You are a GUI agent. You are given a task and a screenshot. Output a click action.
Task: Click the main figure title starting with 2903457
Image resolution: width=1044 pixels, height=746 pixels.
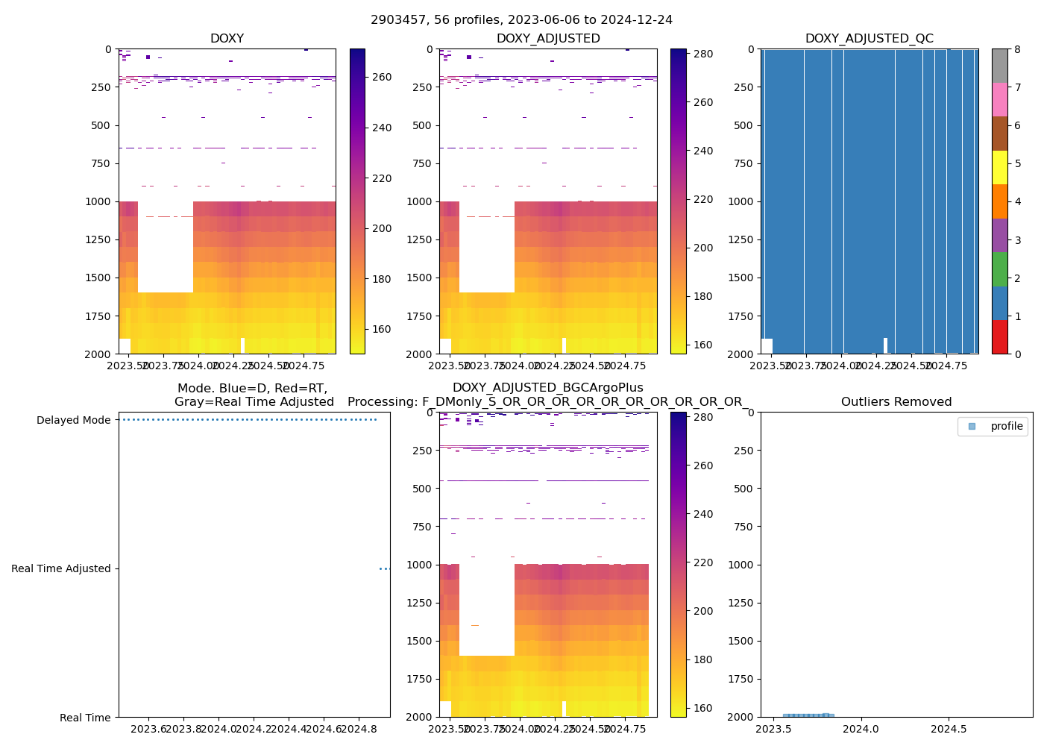pyautogui.click(x=521, y=20)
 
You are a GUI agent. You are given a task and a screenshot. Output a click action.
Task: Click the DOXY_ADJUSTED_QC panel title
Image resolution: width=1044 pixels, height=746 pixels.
pyautogui.click(x=869, y=39)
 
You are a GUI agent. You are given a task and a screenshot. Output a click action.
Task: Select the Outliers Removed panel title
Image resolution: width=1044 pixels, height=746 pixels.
pyautogui.click(x=896, y=402)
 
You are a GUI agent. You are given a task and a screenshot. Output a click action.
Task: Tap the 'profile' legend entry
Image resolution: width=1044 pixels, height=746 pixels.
pyautogui.click(x=1006, y=426)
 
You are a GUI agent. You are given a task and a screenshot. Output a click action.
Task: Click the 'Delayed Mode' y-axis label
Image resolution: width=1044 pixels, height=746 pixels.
pyautogui.click(x=73, y=420)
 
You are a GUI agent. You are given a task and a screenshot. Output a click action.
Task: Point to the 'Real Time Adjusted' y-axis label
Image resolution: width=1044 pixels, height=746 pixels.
pyautogui.click(x=60, y=568)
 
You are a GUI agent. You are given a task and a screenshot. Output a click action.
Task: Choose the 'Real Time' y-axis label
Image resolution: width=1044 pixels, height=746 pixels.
pyautogui.click(x=85, y=718)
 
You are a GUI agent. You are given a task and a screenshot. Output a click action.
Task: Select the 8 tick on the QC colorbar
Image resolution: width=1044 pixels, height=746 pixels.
pyautogui.click(x=1017, y=49)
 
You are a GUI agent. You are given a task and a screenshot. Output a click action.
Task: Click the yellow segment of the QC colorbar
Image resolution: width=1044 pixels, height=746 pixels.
pyautogui.click(x=999, y=167)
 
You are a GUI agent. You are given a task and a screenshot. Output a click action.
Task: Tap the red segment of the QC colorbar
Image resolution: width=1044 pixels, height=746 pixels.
pyautogui.click(x=999, y=336)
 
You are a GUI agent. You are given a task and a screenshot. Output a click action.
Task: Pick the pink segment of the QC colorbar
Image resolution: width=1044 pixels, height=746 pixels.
pyautogui.click(x=999, y=99)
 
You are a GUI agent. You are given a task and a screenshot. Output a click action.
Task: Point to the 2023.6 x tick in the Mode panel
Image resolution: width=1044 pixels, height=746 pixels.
pyautogui.click(x=151, y=728)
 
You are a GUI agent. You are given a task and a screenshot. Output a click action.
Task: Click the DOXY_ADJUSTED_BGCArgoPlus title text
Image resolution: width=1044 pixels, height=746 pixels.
pyautogui.click(x=547, y=388)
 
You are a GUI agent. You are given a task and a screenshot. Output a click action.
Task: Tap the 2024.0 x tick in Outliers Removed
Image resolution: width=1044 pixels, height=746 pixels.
pyautogui.click(x=861, y=728)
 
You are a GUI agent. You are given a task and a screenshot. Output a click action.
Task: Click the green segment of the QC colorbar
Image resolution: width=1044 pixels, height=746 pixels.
pyautogui.click(x=999, y=269)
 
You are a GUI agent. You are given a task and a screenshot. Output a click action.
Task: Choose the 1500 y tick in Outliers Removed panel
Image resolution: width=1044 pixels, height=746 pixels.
pyautogui.click(x=743, y=641)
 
